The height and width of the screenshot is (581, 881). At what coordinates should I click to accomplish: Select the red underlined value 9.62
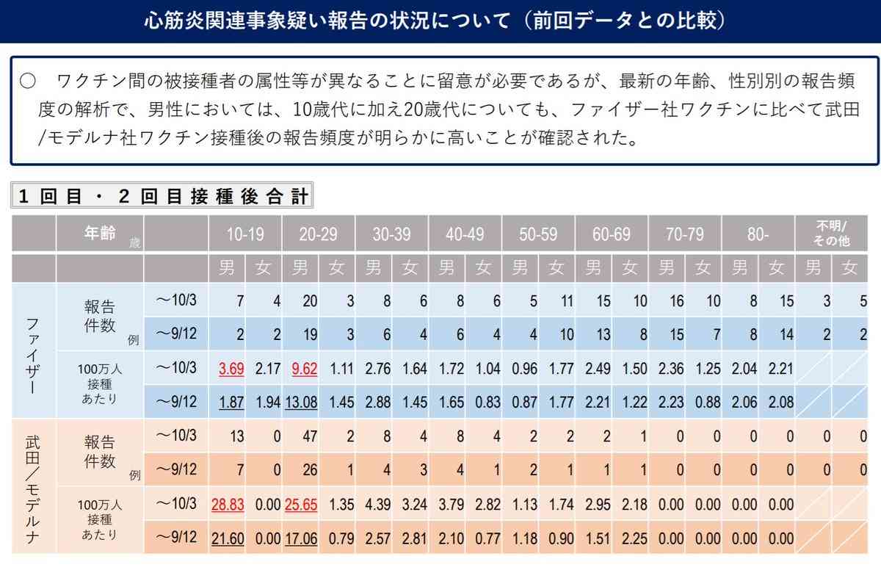click(304, 369)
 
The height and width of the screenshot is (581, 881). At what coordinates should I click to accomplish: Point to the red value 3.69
click(231, 369)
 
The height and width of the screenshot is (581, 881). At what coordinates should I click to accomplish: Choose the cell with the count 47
click(310, 436)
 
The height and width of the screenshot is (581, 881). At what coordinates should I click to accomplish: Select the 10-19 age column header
click(245, 234)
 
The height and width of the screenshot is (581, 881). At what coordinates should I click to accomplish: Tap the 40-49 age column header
click(465, 234)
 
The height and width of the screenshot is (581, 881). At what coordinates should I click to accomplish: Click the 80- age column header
click(759, 234)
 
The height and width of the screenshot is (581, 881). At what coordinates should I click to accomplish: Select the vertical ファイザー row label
click(33, 352)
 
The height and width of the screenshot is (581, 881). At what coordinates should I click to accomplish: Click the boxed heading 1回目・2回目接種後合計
click(162, 196)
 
